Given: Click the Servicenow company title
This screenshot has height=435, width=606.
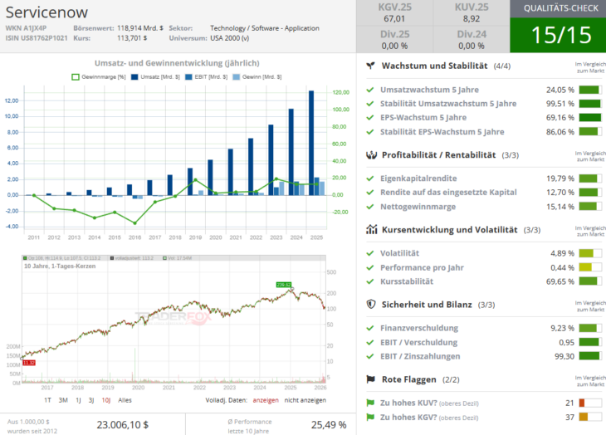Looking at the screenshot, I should pyautogui.click(x=46, y=14).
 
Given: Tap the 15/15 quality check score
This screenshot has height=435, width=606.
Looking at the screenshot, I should pyautogui.click(x=557, y=36).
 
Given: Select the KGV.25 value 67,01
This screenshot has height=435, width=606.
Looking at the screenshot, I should pyautogui.click(x=394, y=18).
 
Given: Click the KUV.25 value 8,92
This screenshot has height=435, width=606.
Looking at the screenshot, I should pyautogui.click(x=471, y=18).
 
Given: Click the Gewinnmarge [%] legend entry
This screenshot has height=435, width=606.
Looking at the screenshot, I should pyautogui.click(x=98, y=76).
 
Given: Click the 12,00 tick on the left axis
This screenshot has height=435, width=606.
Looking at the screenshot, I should pyautogui.click(x=12, y=100).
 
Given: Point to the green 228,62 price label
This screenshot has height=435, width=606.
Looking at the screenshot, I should pyautogui.click(x=284, y=285).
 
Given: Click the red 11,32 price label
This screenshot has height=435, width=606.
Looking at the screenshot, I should pyautogui.click(x=29, y=363).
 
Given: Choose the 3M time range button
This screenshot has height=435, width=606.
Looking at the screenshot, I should pyautogui.click(x=63, y=400).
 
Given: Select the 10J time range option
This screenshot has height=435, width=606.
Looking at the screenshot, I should pyautogui.click(x=105, y=400).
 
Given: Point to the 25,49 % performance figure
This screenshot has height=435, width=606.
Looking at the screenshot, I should pyautogui.click(x=330, y=424).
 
